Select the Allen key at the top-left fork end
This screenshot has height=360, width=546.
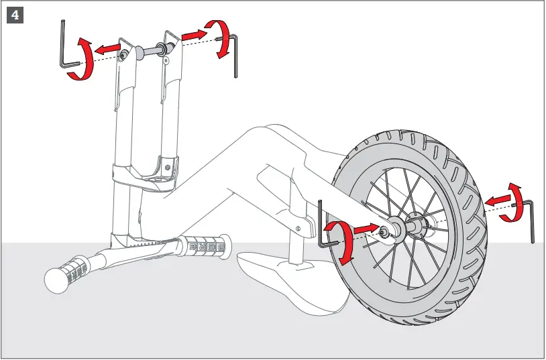64,47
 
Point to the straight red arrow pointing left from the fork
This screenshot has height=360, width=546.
107,48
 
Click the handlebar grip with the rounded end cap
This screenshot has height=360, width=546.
64,276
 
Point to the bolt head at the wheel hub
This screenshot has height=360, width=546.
386,231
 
